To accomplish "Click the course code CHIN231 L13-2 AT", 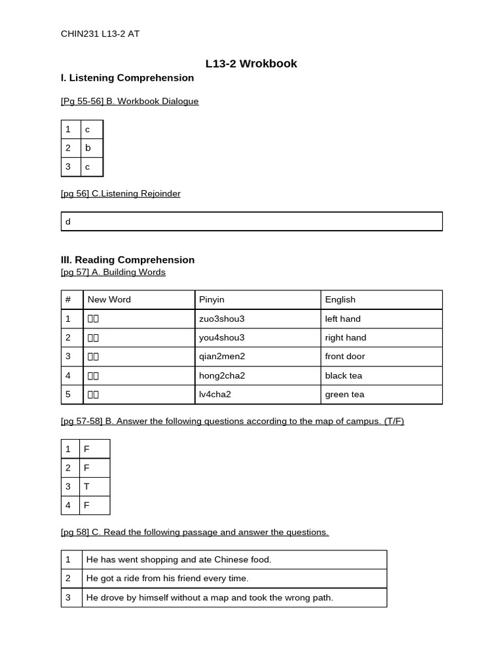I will point(100,34).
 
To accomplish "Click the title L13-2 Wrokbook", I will point(251,64).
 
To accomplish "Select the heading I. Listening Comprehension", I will point(127,78).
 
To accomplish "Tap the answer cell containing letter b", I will point(88,148).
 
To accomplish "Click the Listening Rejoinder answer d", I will point(68,221).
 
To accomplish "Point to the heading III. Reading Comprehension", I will point(128,260).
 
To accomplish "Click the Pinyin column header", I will point(212,299).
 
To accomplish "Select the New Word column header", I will point(109,299).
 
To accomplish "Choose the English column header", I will point(340,299).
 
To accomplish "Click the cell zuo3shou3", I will point(221,319).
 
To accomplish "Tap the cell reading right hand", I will point(345,337).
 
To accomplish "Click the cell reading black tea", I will point(343,375).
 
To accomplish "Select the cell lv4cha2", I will point(215,394).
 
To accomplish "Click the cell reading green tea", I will point(345,394).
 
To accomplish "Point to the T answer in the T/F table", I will point(86,487).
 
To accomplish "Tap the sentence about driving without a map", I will point(210,598).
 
